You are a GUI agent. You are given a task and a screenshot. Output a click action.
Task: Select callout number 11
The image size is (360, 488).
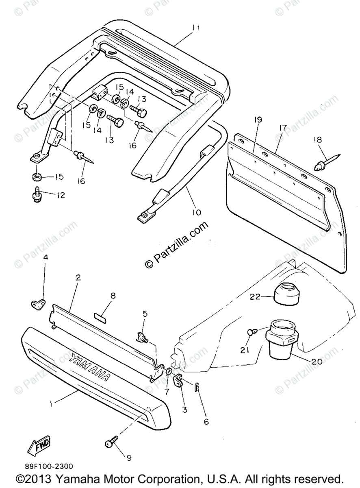[x=196, y=28]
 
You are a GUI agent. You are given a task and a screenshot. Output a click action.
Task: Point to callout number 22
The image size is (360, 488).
[x=255, y=297]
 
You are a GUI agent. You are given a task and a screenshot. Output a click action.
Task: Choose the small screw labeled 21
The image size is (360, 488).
[x=251, y=332]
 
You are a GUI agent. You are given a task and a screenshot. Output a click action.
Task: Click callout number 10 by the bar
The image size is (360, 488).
[x=196, y=212]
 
